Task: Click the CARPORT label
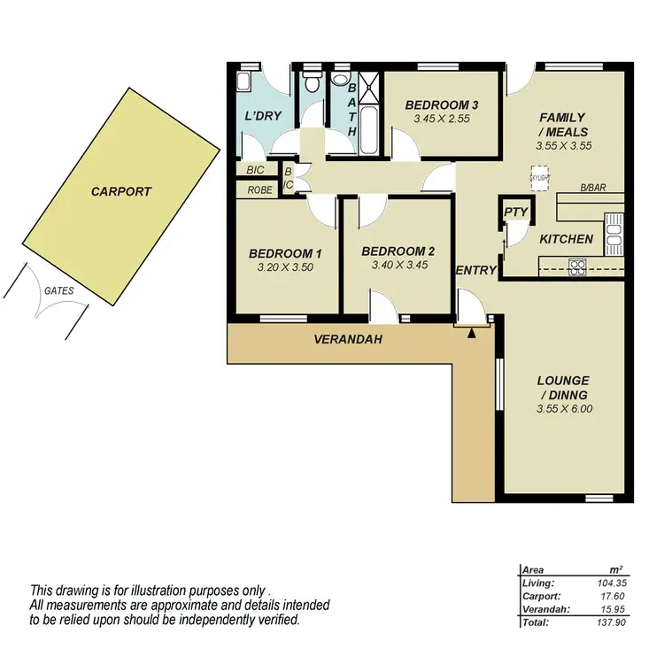121,191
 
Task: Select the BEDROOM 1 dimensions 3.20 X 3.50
285,266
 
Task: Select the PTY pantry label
513,212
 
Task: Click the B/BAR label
592,188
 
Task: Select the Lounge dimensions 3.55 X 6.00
563,409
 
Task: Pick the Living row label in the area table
538,583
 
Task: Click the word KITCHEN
566,238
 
